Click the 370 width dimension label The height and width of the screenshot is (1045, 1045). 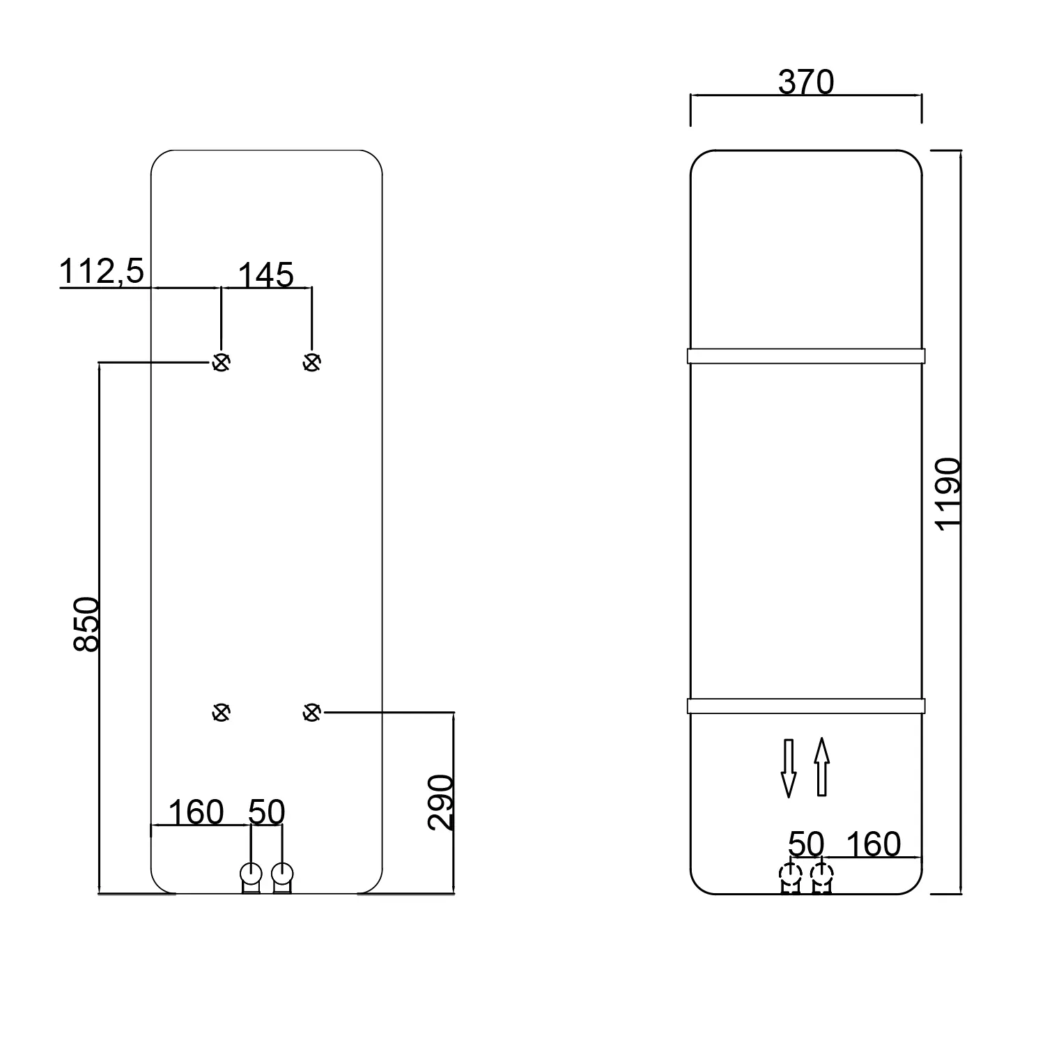pyautogui.click(x=805, y=83)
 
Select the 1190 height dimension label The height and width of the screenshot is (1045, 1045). pyautogui.click(x=948, y=495)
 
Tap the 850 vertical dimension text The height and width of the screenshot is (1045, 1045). pyautogui.click(x=87, y=624)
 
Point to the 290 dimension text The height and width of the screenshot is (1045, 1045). pyautogui.click(x=440, y=802)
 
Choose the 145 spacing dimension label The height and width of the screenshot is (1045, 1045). pyautogui.click(x=266, y=275)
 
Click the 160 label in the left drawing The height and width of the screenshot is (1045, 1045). pyautogui.click(x=196, y=812)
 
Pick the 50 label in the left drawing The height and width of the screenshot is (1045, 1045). pyautogui.click(x=267, y=812)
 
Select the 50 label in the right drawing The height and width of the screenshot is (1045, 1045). pyautogui.click(x=806, y=844)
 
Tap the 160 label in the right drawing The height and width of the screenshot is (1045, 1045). pyautogui.click(x=873, y=844)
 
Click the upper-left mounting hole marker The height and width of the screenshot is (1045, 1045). pyautogui.click(x=221, y=362)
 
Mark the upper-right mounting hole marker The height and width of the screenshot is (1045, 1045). pyautogui.click(x=311, y=362)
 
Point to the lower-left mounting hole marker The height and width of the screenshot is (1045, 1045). pyautogui.click(x=221, y=712)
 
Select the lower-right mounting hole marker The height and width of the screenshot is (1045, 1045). pyautogui.click(x=311, y=712)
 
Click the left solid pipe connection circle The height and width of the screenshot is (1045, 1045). pyautogui.click(x=250, y=873)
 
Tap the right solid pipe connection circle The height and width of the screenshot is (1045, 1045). pyautogui.click(x=282, y=873)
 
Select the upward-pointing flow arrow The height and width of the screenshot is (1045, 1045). pyautogui.click(x=822, y=766)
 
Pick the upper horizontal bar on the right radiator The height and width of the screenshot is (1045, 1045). pyautogui.click(x=805, y=356)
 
